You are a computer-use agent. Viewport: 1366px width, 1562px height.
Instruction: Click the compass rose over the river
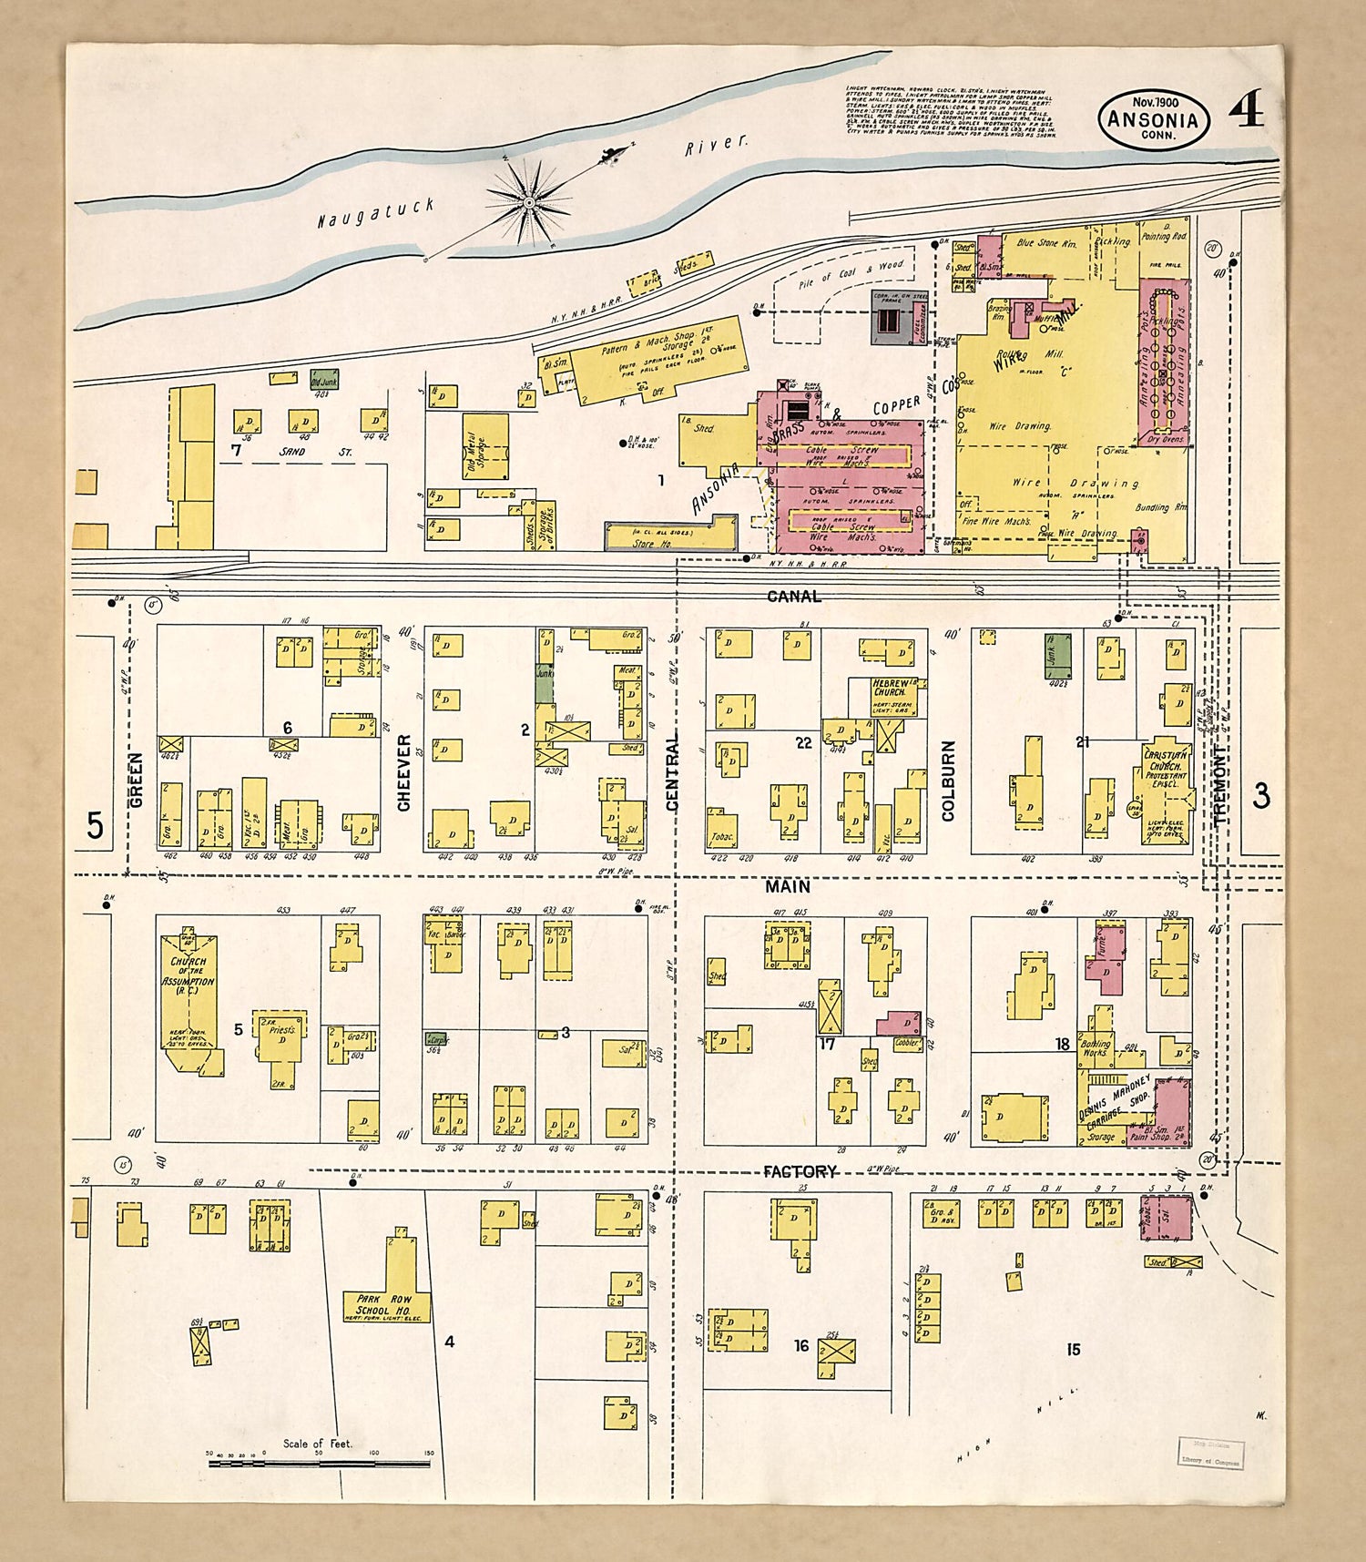[529, 199]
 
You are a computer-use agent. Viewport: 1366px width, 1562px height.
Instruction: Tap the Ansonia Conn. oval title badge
[1154, 120]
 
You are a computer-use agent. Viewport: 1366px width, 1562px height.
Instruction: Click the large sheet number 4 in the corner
[1245, 111]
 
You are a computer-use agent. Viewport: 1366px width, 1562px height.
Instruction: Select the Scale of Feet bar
[319, 1464]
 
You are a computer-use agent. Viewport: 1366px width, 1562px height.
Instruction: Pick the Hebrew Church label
[889, 688]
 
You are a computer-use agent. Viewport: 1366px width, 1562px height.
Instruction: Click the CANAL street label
[793, 597]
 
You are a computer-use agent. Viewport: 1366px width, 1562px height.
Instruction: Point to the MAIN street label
[787, 886]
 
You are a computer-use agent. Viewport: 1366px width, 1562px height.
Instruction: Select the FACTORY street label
[800, 1172]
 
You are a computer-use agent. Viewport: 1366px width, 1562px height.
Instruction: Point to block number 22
[802, 743]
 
